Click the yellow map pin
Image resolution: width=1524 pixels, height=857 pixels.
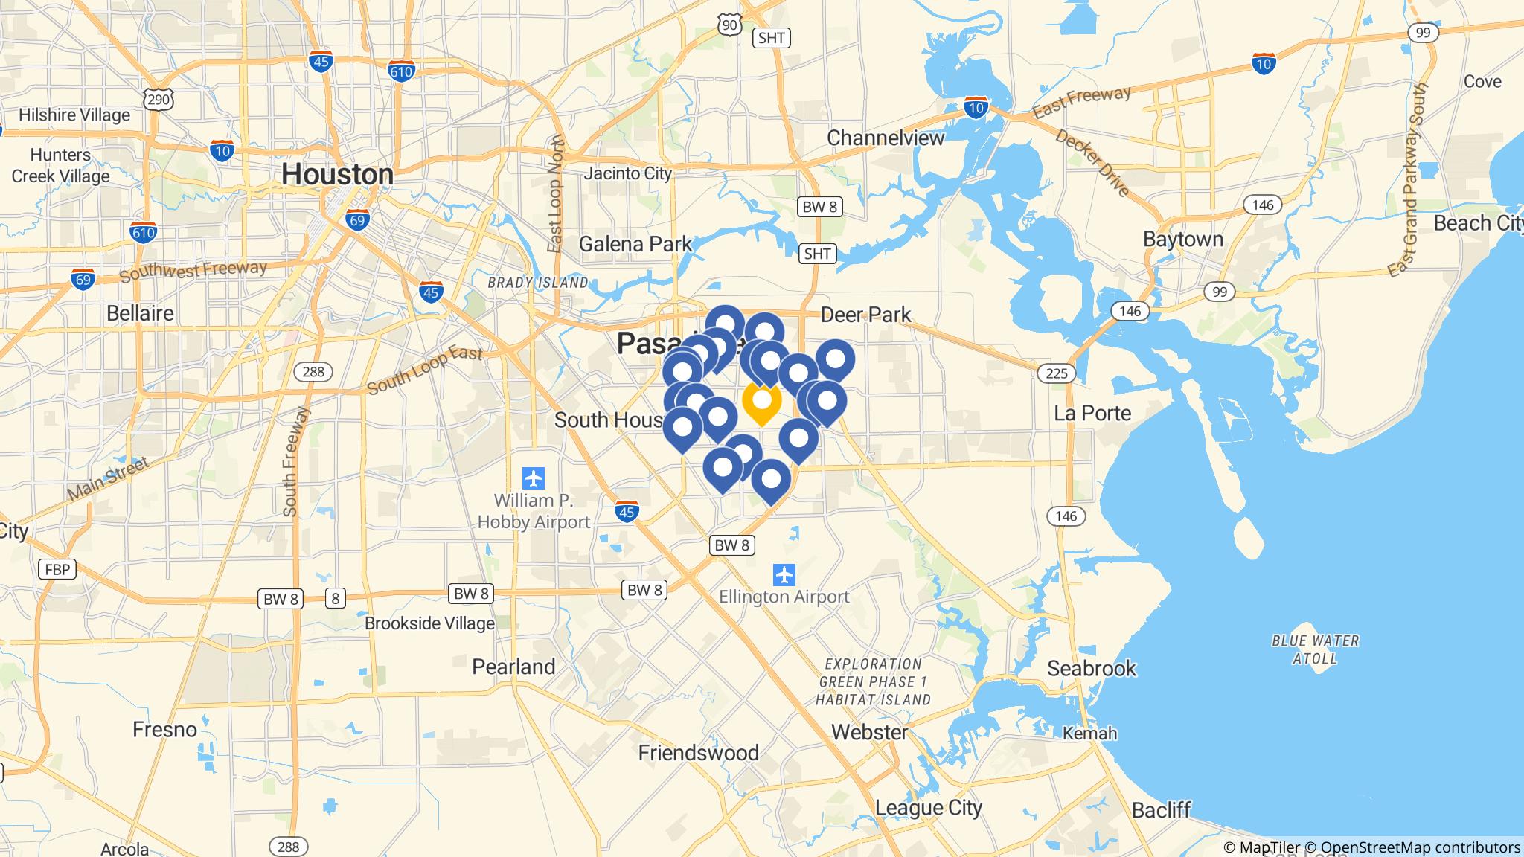point(761,402)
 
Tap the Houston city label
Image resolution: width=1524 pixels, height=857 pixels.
point(337,175)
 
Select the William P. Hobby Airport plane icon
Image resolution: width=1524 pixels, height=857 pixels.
point(534,477)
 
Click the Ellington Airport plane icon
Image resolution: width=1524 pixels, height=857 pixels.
point(784,575)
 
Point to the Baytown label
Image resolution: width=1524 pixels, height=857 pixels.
point(1183,240)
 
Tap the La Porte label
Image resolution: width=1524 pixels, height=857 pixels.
point(1092,413)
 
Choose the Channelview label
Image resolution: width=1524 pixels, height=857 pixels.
point(886,138)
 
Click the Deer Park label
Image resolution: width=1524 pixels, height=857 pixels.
point(865,315)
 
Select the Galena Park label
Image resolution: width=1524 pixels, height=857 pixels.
point(635,244)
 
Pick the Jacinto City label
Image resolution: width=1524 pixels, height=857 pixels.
point(627,173)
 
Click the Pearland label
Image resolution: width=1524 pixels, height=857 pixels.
point(513,667)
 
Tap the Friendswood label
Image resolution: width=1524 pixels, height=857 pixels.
point(698,753)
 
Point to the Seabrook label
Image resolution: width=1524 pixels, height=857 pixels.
point(1092,668)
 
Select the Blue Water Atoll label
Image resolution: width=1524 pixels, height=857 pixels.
point(1315,649)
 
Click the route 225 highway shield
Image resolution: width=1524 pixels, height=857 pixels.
point(1057,373)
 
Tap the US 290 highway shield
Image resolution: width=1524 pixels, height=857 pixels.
point(160,99)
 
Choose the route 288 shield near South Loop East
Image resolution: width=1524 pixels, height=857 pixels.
point(313,371)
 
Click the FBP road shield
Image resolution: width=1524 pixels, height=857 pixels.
point(57,570)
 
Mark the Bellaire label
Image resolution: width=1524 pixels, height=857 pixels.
point(140,313)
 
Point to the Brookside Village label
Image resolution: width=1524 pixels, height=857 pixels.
point(429,623)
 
